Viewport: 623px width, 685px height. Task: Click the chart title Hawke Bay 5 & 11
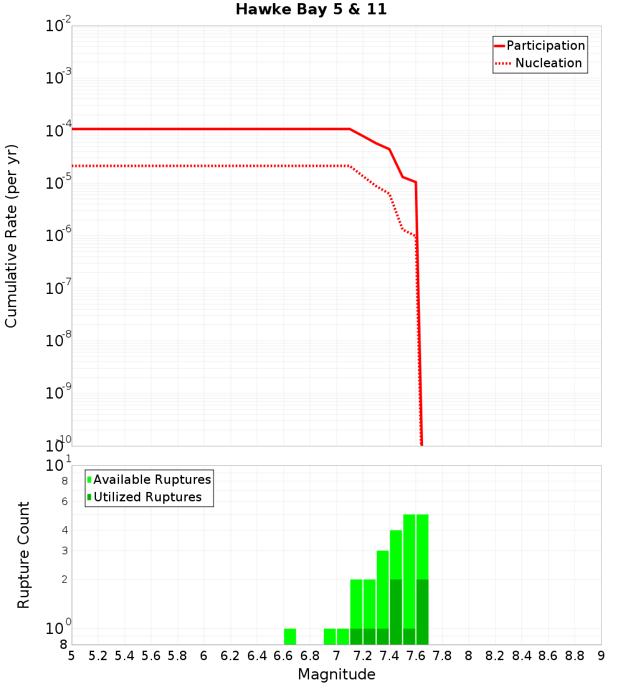pyautogui.click(x=311, y=9)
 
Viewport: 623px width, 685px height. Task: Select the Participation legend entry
pyautogui.click(x=545, y=46)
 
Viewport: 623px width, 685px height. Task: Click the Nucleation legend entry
pyautogui.click(x=548, y=64)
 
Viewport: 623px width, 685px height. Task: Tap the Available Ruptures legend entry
pyautogui.click(x=151, y=480)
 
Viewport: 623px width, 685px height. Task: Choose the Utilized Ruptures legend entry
pyautogui.click(x=147, y=498)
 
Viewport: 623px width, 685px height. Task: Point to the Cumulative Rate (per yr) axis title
pyautogui.click(x=11, y=236)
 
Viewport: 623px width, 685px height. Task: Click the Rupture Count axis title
pyautogui.click(x=24, y=555)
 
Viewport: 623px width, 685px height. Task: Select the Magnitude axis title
pyautogui.click(x=336, y=674)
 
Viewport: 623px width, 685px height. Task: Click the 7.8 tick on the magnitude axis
pyautogui.click(x=442, y=656)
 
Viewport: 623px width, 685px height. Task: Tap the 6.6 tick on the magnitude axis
pyautogui.click(x=283, y=656)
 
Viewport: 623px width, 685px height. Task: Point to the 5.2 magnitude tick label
pyautogui.click(x=98, y=656)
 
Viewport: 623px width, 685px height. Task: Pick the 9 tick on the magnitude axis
pyautogui.click(x=601, y=656)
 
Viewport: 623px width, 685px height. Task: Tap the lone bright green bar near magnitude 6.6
pyautogui.click(x=290, y=636)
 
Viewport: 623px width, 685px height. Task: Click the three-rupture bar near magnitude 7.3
pyautogui.click(x=383, y=588)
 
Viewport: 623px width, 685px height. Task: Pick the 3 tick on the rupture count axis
pyautogui.click(x=64, y=551)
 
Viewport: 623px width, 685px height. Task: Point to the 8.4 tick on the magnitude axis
pyautogui.click(x=521, y=656)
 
